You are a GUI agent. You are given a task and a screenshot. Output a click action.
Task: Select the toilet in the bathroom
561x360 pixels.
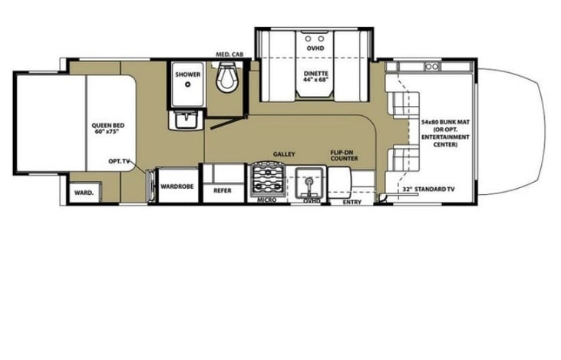pyautogui.click(x=228, y=78)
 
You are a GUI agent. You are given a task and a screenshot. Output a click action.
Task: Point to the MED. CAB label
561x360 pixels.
pyautogui.click(x=229, y=54)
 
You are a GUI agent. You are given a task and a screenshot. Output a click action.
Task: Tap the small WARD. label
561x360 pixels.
pyautogui.click(x=83, y=193)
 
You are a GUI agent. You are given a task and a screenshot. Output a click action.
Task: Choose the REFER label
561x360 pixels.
pyautogui.click(x=223, y=190)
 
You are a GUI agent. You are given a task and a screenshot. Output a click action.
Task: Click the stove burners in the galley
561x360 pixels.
pyautogui.click(x=266, y=181)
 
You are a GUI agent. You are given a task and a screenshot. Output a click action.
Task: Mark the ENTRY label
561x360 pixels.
pyautogui.click(x=351, y=202)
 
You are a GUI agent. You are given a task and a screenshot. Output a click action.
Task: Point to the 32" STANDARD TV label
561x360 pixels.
pyautogui.click(x=428, y=188)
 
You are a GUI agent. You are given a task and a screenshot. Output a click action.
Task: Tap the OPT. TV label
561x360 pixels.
pyautogui.click(x=117, y=163)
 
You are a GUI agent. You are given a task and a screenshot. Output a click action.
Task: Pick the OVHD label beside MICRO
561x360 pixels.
pyautogui.click(x=311, y=201)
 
